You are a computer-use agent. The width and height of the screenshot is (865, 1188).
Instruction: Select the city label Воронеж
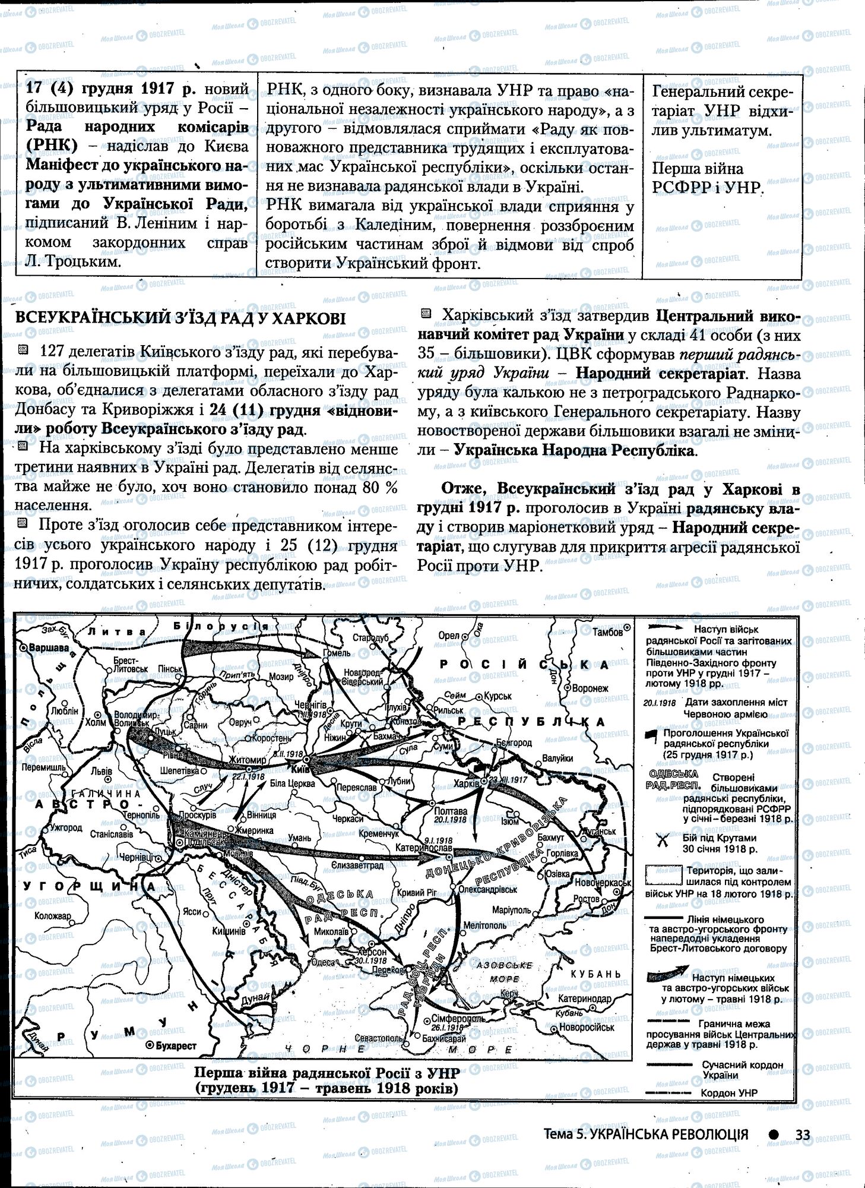589,688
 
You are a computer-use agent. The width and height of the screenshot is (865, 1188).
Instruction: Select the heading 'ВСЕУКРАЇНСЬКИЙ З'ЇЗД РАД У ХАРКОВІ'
180,319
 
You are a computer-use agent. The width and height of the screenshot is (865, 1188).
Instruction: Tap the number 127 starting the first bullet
51,352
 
